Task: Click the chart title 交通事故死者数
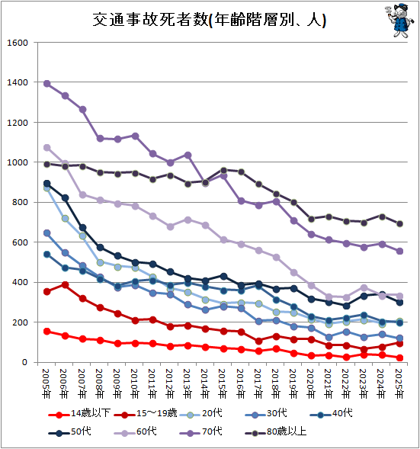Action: (150, 20)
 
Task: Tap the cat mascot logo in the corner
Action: (399, 20)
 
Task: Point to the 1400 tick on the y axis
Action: (18, 82)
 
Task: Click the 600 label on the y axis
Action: (20, 242)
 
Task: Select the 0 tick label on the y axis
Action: (24, 363)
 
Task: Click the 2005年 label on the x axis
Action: (46, 383)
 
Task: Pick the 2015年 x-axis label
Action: (223, 383)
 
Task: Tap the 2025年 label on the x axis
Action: (399, 383)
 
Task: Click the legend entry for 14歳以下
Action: (79, 413)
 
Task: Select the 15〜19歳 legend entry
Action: (145, 413)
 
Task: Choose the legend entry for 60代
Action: (135, 431)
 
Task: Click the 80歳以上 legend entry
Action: (276, 431)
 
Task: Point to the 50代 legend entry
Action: (69, 431)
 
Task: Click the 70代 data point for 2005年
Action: (46, 84)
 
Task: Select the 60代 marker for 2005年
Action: (46, 147)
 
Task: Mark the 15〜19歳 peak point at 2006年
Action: (65, 284)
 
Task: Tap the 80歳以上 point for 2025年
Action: (399, 223)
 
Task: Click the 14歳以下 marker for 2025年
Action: (399, 358)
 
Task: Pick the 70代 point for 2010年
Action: (135, 136)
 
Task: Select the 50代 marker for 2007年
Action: (82, 228)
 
